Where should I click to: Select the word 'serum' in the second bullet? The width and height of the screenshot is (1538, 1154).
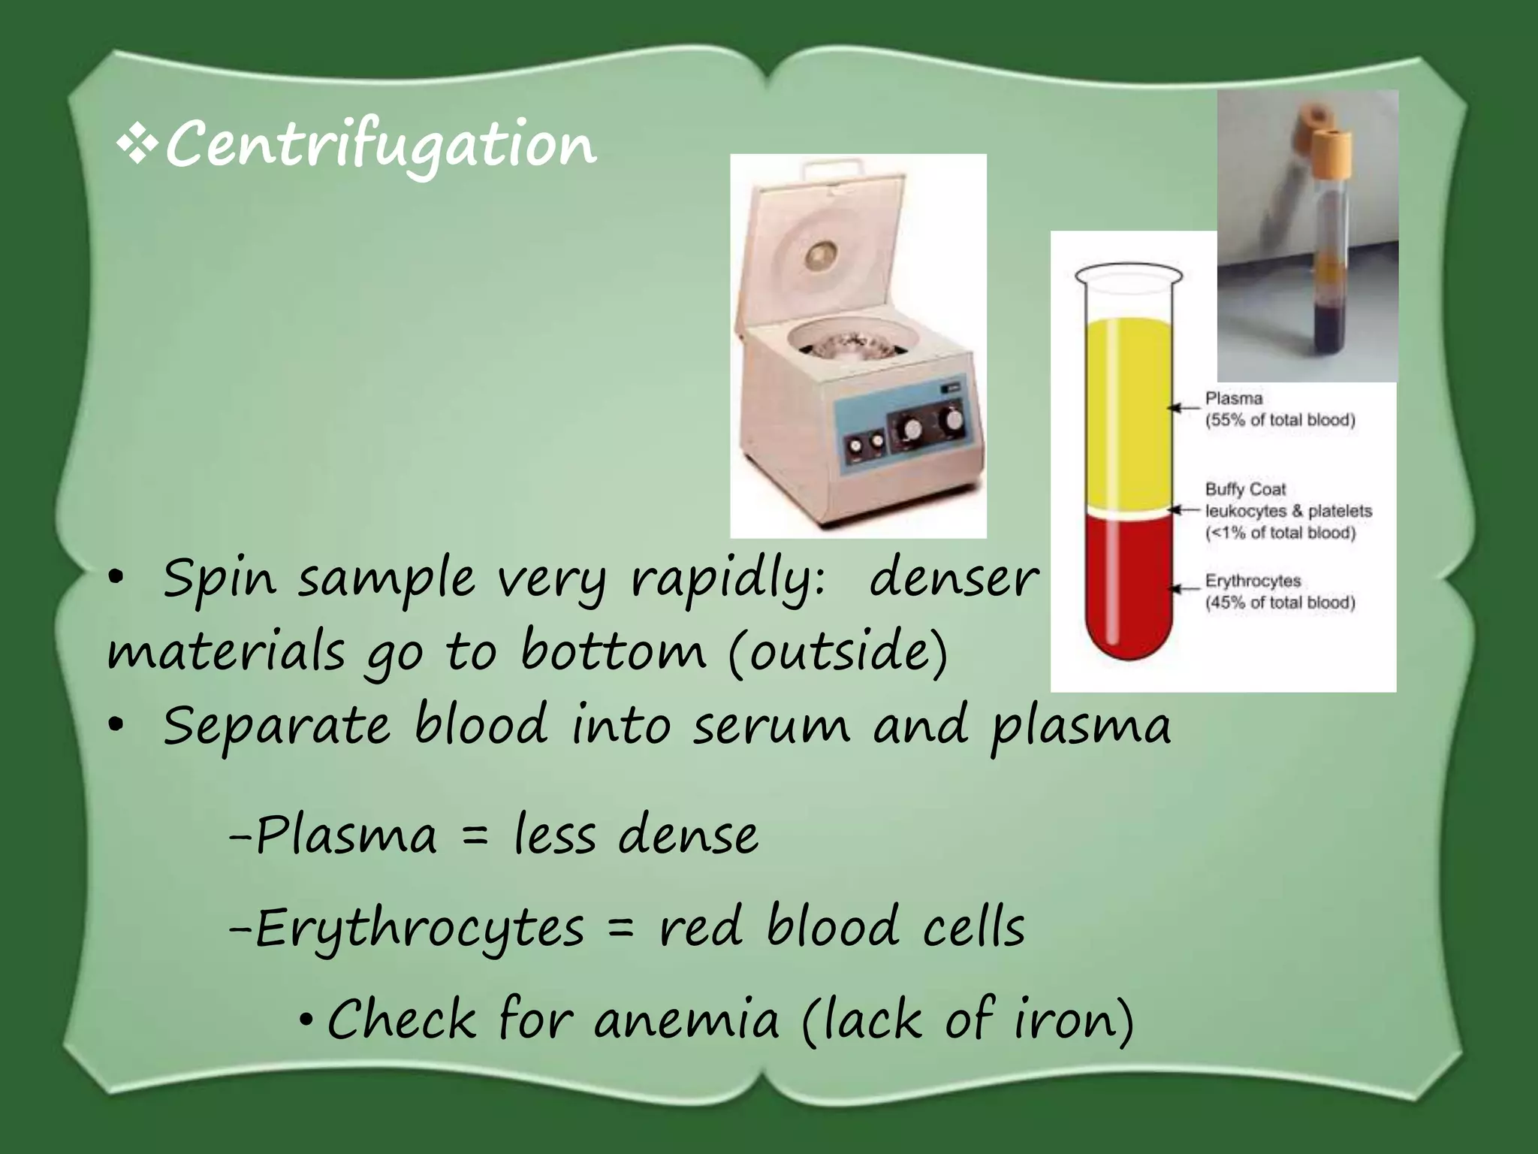[x=771, y=726]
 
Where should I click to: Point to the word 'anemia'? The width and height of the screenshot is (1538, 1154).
[x=686, y=1020]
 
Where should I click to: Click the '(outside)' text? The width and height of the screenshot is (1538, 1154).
[x=838, y=652]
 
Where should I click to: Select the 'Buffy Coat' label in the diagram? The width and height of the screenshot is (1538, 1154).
[x=1245, y=489]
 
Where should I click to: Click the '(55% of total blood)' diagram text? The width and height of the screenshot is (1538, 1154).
[x=1280, y=420]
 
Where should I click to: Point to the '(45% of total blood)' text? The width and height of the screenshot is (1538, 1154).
[x=1280, y=603]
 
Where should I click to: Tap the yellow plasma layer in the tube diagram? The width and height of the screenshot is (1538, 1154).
[x=1129, y=413]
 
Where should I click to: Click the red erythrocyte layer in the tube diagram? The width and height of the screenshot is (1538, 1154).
[x=1129, y=586]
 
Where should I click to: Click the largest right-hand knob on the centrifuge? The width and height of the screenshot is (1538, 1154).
[x=952, y=418]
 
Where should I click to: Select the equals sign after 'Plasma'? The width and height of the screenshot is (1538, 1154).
[x=475, y=835]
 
